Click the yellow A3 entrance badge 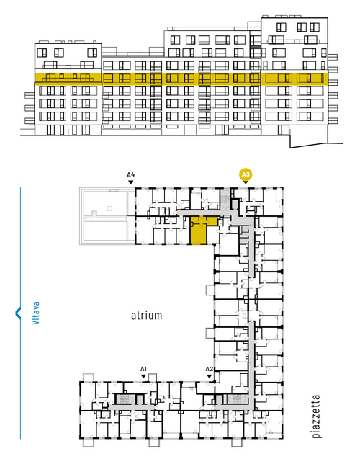(246, 175)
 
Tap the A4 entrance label (131, 175)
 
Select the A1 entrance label (143, 369)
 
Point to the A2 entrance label (209, 369)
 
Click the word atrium (146, 316)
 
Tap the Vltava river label (36, 313)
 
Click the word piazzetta (316, 416)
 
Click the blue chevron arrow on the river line (18, 313)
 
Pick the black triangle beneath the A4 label (131, 182)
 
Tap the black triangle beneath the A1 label (143, 376)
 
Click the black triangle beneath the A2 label (209, 376)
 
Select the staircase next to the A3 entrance (225, 200)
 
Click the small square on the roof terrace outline (109, 208)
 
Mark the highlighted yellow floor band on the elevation (181, 79)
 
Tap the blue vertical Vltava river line (20, 313)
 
